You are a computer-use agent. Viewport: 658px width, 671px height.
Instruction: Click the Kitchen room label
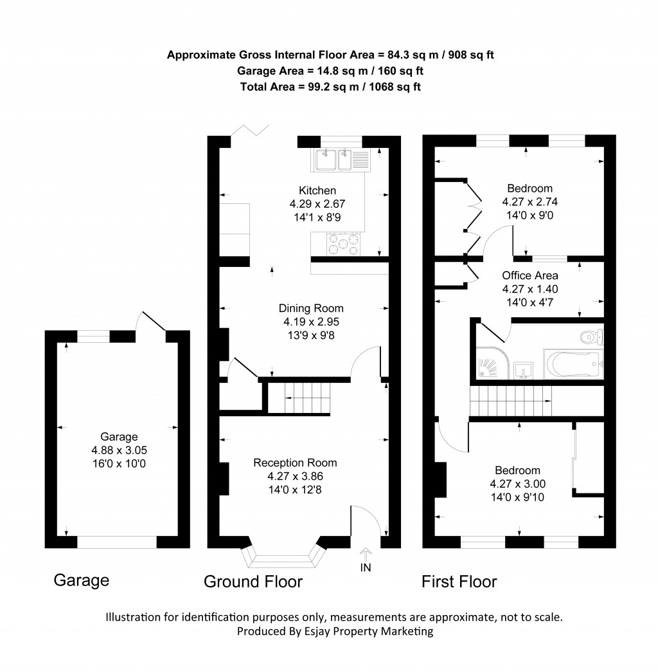point(317,190)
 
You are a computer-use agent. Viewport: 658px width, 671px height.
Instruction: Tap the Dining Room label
point(311,308)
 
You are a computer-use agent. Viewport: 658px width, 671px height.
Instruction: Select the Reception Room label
point(295,463)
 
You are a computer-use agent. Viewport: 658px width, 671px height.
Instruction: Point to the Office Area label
point(530,275)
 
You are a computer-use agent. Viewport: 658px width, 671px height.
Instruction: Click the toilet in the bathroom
point(589,336)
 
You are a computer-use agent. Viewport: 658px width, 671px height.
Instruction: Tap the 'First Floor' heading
point(459,582)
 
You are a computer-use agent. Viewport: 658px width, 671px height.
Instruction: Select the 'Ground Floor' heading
point(253,582)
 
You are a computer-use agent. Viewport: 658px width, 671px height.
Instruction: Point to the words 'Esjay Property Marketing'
point(369,631)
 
